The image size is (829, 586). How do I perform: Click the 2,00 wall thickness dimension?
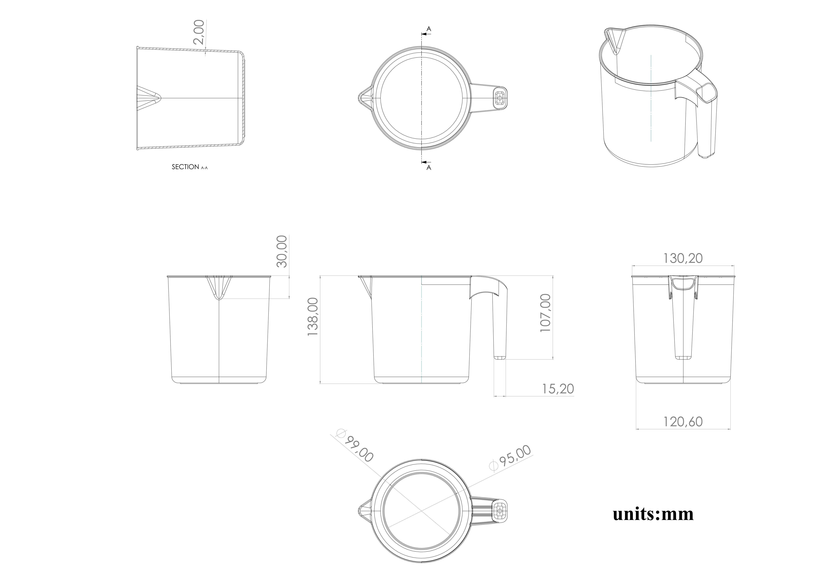(x=199, y=32)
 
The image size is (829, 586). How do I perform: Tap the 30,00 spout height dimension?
(x=282, y=252)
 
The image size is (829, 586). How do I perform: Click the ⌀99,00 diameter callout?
(x=356, y=446)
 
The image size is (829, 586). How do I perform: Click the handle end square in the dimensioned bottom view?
(x=500, y=511)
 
